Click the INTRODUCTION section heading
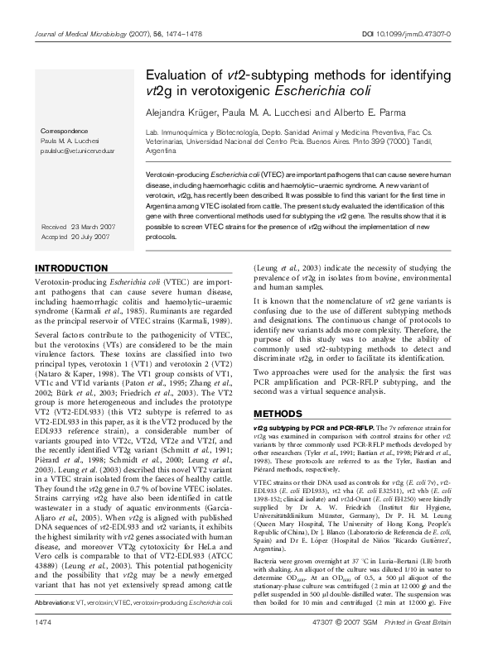(74, 269)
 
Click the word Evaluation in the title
(180, 74)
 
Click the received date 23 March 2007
(95, 226)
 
